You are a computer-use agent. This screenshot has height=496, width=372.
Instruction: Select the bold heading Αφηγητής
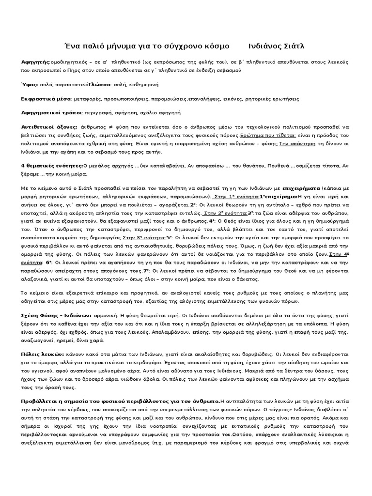point(35,63)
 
